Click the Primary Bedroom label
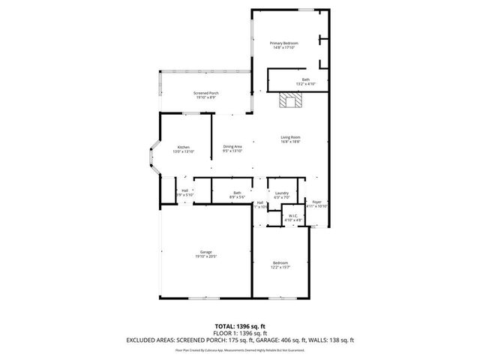(x=284, y=43)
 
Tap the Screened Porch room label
(x=205, y=93)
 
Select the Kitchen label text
(x=184, y=147)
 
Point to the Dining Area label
(x=232, y=146)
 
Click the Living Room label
(x=290, y=137)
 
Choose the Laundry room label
(x=282, y=193)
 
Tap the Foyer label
(x=317, y=201)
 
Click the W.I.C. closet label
(x=295, y=216)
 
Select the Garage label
(x=205, y=251)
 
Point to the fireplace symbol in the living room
(x=289, y=101)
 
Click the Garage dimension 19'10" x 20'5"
(x=205, y=256)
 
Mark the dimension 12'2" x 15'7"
(x=280, y=267)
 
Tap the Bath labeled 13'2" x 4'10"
(x=305, y=81)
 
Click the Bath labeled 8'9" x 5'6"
(x=237, y=194)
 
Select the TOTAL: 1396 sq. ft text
(x=240, y=326)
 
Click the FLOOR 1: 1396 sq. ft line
(x=240, y=333)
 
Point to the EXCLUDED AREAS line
(x=240, y=340)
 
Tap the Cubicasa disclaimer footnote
(x=240, y=349)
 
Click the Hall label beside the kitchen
(x=184, y=190)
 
